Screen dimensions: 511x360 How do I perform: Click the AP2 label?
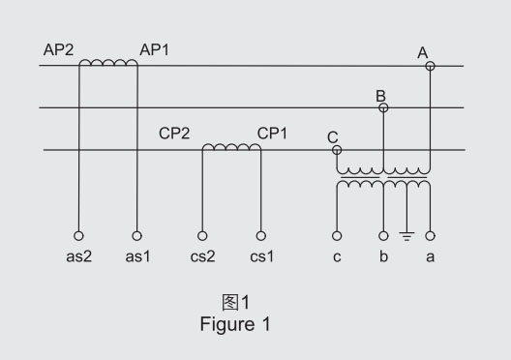tap(59, 50)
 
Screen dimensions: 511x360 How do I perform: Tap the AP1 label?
tap(155, 50)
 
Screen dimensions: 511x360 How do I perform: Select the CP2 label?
tap(174, 134)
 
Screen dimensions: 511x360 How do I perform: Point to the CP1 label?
tap(272, 134)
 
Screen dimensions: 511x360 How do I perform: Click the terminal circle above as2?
tap(78, 235)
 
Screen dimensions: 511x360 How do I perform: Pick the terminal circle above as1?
tap(136, 235)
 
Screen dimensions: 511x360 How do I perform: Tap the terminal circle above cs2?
tap(202, 235)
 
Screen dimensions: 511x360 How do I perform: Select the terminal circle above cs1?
tap(260, 235)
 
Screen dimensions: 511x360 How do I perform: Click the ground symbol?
tap(406, 236)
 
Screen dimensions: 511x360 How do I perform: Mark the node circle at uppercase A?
tap(430, 66)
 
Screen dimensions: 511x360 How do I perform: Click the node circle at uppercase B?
tap(383, 107)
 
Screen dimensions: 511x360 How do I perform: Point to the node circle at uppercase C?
tap(337, 150)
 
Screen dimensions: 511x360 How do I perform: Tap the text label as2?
tap(78, 256)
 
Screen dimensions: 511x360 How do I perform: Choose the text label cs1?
tap(261, 256)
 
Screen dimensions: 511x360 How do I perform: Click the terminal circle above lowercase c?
tap(337, 235)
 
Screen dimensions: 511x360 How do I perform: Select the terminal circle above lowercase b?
tap(383, 235)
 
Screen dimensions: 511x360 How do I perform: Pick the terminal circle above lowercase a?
tap(430, 235)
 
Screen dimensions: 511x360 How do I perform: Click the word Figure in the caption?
tap(227, 324)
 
